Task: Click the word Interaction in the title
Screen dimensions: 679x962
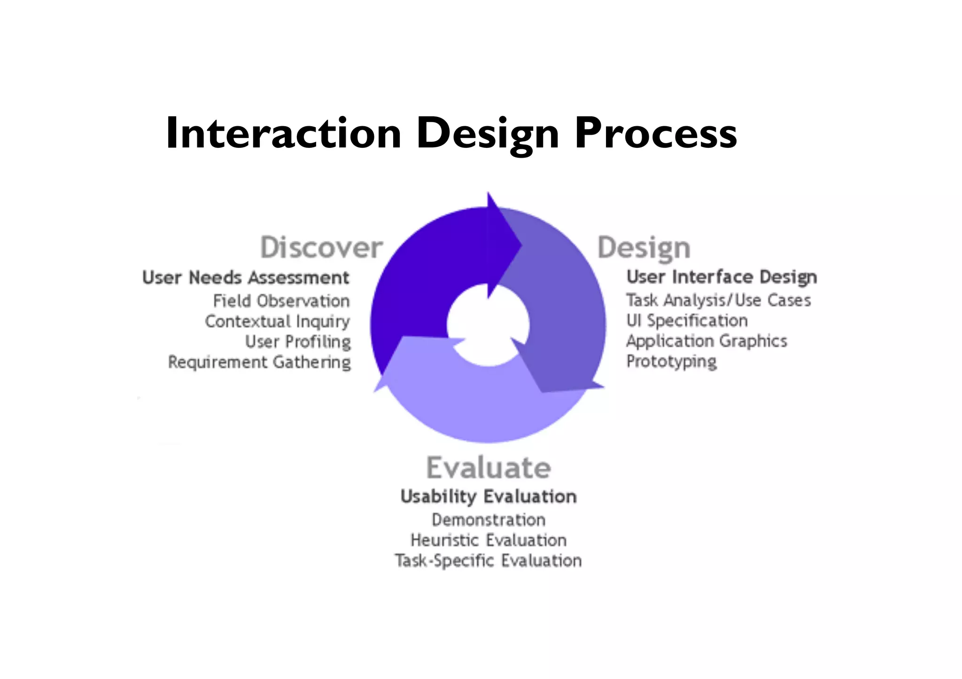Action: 283,134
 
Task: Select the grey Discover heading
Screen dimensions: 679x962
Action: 322,247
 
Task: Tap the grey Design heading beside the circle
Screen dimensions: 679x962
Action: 644,248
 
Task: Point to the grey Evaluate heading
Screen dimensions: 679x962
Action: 489,468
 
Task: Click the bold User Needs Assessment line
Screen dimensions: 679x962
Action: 246,278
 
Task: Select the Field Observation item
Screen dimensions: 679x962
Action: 281,301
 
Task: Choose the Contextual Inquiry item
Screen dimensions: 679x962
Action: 278,321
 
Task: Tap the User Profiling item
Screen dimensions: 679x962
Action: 298,342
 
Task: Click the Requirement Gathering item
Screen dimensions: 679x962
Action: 259,362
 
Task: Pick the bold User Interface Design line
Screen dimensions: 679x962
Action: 721,277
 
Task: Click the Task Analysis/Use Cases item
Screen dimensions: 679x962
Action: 718,300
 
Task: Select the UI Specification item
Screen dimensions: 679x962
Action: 687,320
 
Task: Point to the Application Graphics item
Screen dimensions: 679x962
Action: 706,341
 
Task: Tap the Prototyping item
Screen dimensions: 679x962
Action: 671,361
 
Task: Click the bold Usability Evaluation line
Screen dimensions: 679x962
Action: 489,496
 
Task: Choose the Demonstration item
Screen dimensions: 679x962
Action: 489,520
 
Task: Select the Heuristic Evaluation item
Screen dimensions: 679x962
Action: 489,540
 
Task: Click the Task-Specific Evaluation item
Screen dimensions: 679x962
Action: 489,561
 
